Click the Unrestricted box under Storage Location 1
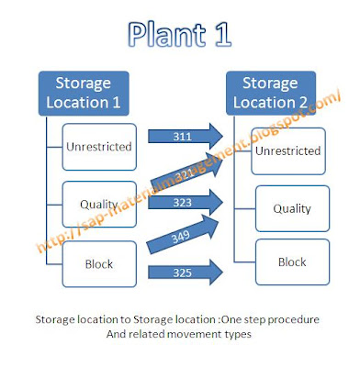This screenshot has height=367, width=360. [x=100, y=146]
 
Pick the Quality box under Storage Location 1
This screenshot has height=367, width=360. [x=100, y=204]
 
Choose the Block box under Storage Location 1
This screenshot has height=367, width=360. [x=100, y=263]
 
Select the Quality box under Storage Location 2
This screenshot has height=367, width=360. [x=291, y=208]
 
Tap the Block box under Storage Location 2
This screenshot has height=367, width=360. [x=291, y=261]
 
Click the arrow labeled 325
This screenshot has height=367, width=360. [x=188, y=272]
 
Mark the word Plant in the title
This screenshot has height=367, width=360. [x=162, y=35]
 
